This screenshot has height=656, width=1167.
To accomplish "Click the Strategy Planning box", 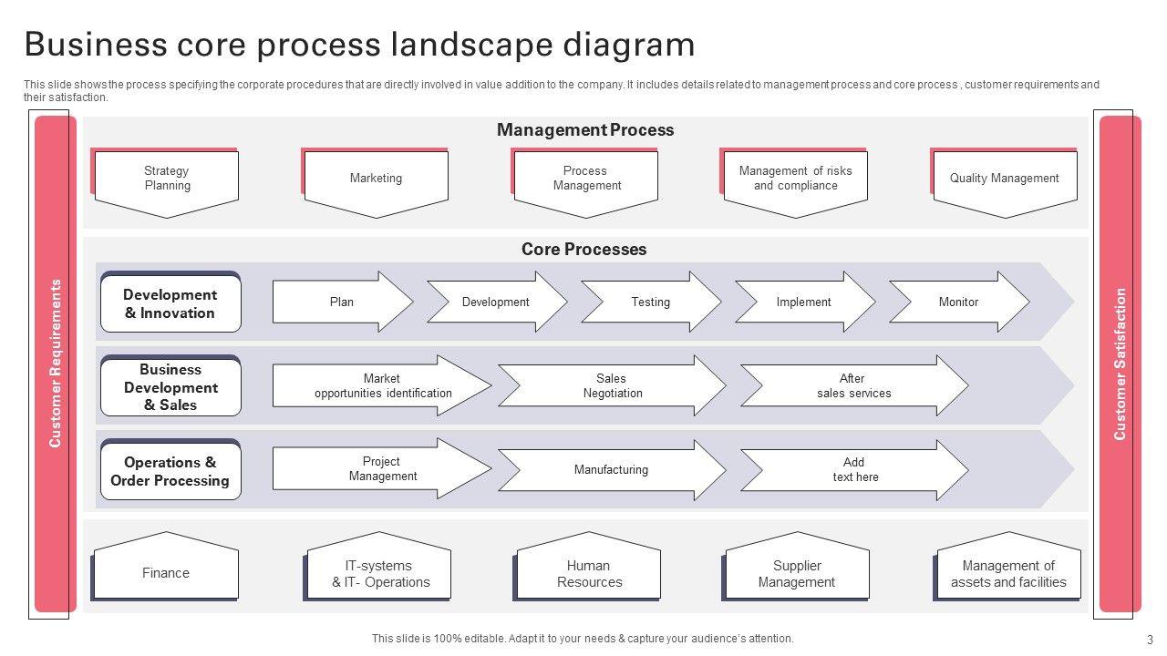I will click(x=167, y=179).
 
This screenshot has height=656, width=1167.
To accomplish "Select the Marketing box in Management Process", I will click(x=376, y=179).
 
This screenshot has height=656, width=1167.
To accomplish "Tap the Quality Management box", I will click(x=1004, y=179).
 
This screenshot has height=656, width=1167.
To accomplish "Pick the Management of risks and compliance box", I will click(x=795, y=179).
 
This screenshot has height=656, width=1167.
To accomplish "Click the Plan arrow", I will click(x=342, y=302).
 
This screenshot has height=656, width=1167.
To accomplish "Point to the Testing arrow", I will click(x=650, y=302).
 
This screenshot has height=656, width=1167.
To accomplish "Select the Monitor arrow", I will click(x=958, y=302).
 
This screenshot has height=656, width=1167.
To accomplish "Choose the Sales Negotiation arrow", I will click(x=612, y=386).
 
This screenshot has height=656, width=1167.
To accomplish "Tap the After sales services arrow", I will click(x=853, y=386).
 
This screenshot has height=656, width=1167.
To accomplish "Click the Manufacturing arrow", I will click(x=612, y=470).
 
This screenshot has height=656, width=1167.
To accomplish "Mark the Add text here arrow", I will click(x=853, y=470).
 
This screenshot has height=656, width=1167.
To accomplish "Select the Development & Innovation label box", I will click(x=170, y=304).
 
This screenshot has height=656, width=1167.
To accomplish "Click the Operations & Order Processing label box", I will click(x=170, y=472).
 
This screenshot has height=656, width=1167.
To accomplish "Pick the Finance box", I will click(x=166, y=573).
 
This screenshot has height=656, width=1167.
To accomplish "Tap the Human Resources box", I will click(x=589, y=574).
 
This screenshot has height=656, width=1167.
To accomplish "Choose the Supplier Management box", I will click(x=797, y=574).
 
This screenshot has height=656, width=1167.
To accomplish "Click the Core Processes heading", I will click(x=583, y=250).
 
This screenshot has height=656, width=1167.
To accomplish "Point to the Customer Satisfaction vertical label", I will click(x=1121, y=364).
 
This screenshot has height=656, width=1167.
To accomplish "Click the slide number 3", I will click(x=1150, y=640).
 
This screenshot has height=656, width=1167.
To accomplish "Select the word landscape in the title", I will click(x=468, y=44).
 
